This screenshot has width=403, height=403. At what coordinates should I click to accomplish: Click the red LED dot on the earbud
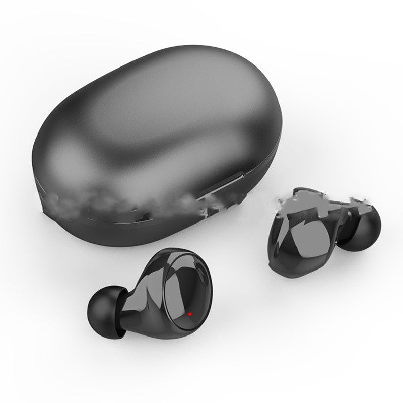point(190,314)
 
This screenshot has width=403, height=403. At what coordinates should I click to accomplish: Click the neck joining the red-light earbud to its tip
point(128,302)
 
